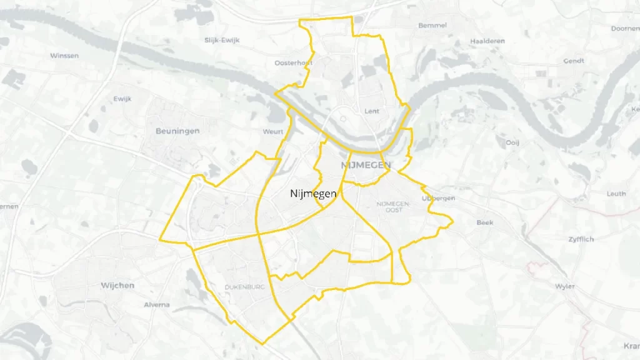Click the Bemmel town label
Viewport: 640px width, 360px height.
432,26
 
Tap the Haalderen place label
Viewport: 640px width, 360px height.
487,41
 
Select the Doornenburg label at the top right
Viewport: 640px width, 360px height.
626,29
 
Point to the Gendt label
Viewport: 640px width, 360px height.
573,61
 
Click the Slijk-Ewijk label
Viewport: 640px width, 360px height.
222,40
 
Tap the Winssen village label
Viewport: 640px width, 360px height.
64,56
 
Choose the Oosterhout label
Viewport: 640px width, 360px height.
293,63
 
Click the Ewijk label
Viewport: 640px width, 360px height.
122,99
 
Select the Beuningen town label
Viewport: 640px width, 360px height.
177,131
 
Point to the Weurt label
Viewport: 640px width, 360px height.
274,132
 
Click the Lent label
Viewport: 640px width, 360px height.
372,111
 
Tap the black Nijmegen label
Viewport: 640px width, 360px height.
314,194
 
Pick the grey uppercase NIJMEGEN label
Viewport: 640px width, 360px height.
366,166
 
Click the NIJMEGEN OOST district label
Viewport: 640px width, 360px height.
393,207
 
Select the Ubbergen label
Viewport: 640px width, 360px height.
439,198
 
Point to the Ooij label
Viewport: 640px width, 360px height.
512,142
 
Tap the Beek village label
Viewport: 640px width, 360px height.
484,222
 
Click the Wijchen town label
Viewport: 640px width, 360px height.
117,286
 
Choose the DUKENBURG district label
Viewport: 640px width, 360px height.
244,287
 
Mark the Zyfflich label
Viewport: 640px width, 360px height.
581,239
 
